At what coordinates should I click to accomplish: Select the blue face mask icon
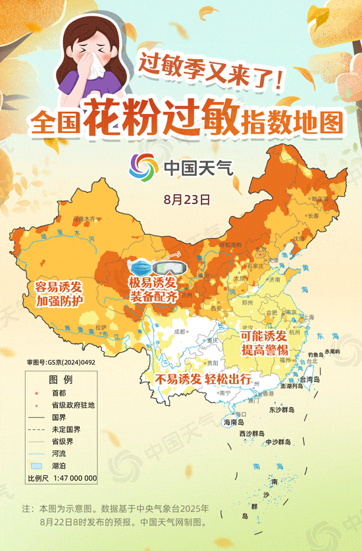(140, 268)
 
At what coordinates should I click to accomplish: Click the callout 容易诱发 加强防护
(59, 294)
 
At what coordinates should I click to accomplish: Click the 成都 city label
(178, 333)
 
